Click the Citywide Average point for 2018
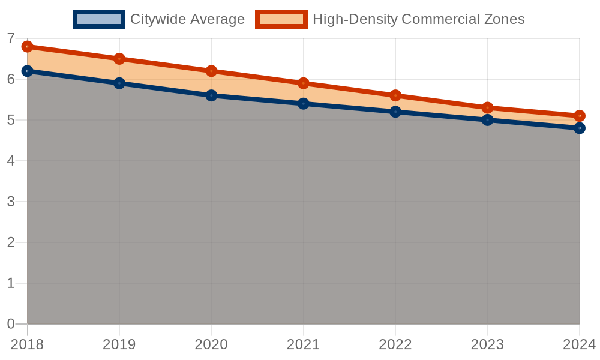27,71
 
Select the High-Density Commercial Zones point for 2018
27,47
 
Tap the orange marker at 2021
304,83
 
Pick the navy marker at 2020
211,95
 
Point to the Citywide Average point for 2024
580,128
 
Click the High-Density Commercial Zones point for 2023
487,108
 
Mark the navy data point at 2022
395,112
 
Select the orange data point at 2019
119,59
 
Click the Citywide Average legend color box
99,19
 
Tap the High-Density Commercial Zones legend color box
281,19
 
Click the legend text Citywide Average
187,19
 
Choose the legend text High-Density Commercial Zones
419,19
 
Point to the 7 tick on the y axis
11,38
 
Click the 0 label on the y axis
11,324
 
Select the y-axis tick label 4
11,161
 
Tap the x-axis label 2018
27,344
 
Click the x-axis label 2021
304,344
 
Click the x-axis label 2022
395,344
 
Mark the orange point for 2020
211,71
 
